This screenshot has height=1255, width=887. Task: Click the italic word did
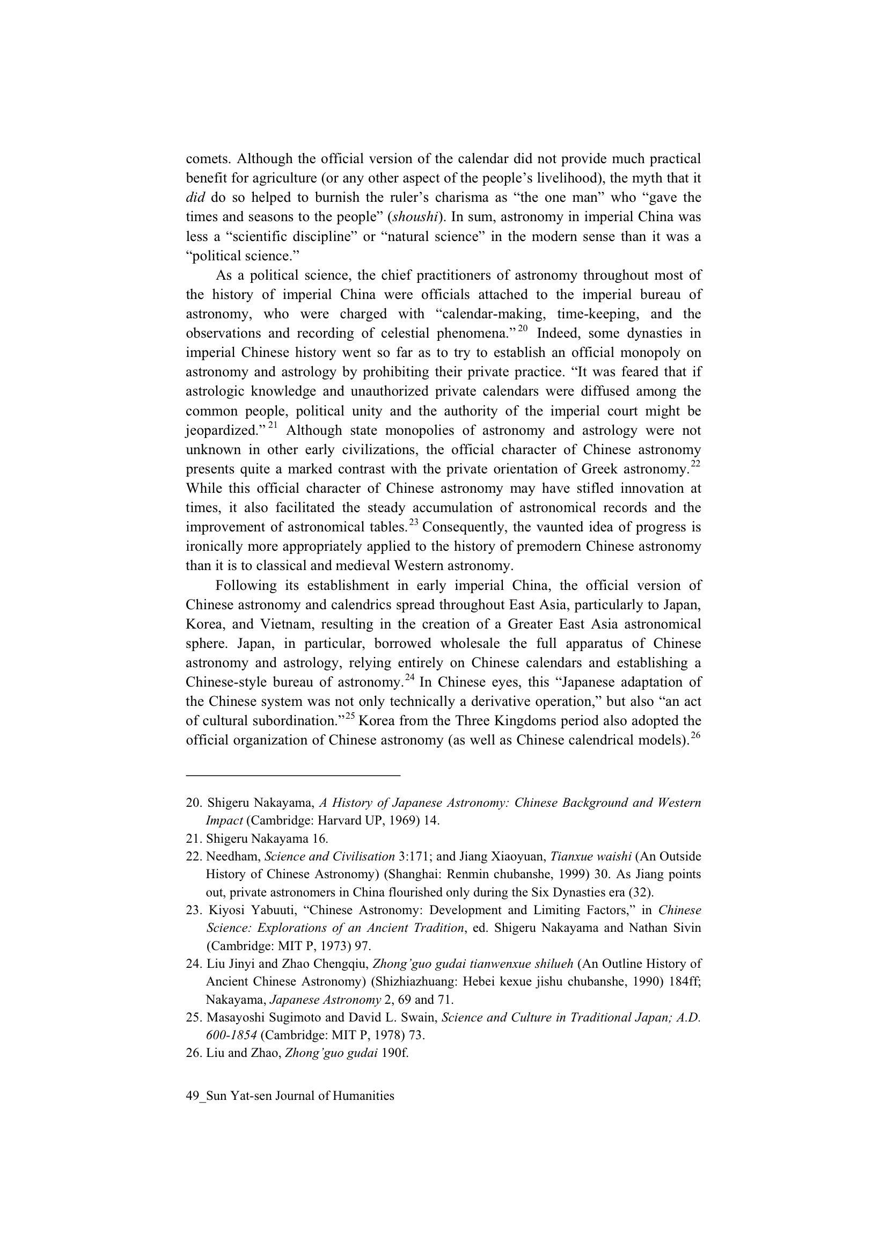coord(195,198)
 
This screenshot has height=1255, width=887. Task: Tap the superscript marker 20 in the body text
coord(523,329)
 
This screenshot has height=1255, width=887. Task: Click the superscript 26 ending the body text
coord(696,735)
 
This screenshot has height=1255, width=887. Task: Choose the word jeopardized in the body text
coord(226,431)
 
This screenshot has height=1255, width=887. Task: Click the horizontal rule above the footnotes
coord(293,775)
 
